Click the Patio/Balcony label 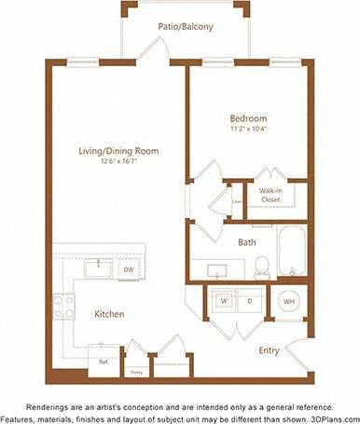[x=186, y=27]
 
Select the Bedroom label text [x=248, y=118]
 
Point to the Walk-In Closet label [x=271, y=195]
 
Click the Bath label [x=246, y=242]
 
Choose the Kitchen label [x=109, y=314]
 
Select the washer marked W [x=224, y=301]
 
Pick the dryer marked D [x=249, y=301]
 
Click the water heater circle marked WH [x=287, y=302]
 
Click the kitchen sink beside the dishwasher [x=96, y=269]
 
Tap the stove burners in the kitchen [x=63, y=307]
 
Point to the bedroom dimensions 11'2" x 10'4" [x=248, y=130]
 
